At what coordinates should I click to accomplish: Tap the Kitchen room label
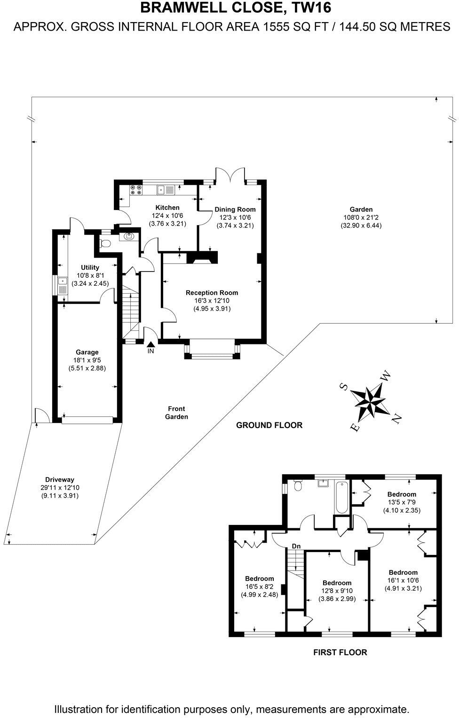[167, 208]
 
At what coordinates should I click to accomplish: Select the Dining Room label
[235, 210]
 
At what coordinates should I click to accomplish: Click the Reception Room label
[212, 293]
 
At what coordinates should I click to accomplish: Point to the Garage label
[87, 352]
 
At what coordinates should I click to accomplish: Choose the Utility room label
[90, 267]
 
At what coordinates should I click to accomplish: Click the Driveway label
[59, 480]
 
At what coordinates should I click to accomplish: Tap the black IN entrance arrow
[150, 346]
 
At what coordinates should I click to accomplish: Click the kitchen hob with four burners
[136, 189]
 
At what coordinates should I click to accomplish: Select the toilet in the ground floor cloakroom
[105, 243]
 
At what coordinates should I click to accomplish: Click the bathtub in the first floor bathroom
[341, 497]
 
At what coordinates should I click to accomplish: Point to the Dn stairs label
[296, 546]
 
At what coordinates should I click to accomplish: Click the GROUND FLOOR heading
[269, 425]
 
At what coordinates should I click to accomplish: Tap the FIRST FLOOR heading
[340, 652]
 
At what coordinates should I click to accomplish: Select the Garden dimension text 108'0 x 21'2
[361, 218]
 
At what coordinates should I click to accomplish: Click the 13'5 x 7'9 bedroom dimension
[402, 502]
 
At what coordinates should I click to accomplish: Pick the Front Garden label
[176, 413]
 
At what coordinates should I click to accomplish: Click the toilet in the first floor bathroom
[298, 486]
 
